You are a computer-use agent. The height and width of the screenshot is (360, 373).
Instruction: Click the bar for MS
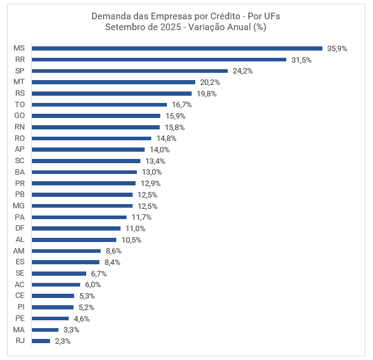(x=177, y=48)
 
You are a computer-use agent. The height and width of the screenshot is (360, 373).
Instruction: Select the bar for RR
(x=159, y=60)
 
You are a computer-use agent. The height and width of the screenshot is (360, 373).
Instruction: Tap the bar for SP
(x=130, y=70)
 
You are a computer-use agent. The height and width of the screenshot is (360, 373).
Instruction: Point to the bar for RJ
(x=41, y=341)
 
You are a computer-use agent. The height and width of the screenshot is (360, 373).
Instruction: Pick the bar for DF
(x=77, y=228)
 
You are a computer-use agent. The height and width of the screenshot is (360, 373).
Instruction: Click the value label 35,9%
(x=337, y=48)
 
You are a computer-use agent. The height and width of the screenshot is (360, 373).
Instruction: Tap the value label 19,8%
(x=206, y=93)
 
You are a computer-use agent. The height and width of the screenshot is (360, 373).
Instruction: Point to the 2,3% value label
(x=63, y=341)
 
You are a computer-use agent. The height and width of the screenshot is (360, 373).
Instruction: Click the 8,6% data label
(x=113, y=250)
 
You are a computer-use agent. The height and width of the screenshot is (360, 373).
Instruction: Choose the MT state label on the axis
(x=19, y=82)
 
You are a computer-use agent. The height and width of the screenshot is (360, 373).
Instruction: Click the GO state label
(x=19, y=116)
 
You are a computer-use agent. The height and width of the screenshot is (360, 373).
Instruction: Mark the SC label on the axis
(x=19, y=161)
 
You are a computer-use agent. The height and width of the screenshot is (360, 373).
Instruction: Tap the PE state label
(x=19, y=318)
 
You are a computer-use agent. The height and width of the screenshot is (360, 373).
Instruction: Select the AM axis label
(x=19, y=250)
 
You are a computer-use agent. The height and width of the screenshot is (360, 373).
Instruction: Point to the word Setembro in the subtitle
(x=124, y=26)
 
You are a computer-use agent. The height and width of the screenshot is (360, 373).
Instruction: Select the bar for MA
(x=45, y=329)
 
